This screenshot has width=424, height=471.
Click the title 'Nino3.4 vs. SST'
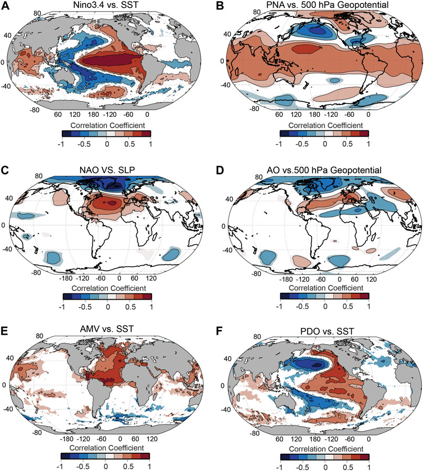(105, 6)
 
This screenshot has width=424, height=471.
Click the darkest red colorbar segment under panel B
(364, 133)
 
